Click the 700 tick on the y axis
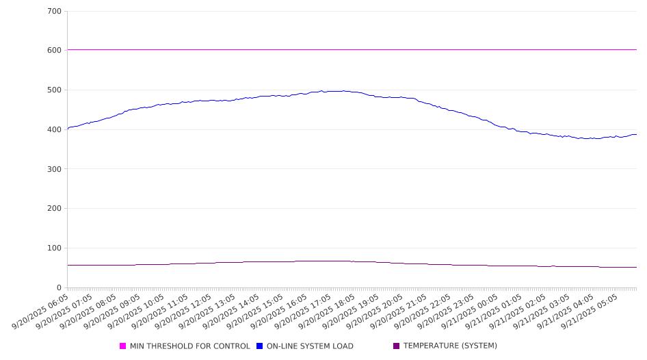click(x=54, y=12)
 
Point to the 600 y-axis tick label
click(x=54, y=51)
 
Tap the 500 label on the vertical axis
click(x=54, y=90)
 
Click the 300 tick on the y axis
click(x=54, y=169)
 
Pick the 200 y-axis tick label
click(x=54, y=209)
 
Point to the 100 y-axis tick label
click(x=54, y=248)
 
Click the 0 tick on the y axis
click(x=59, y=288)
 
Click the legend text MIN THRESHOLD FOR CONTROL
click(x=189, y=346)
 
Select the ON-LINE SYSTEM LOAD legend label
click(x=310, y=346)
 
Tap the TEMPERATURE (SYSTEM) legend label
click(x=450, y=346)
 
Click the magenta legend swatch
click(x=123, y=346)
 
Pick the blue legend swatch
click(x=260, y=346)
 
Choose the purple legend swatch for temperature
click(x=397, y=346)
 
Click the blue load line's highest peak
click(x=321, y=90)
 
